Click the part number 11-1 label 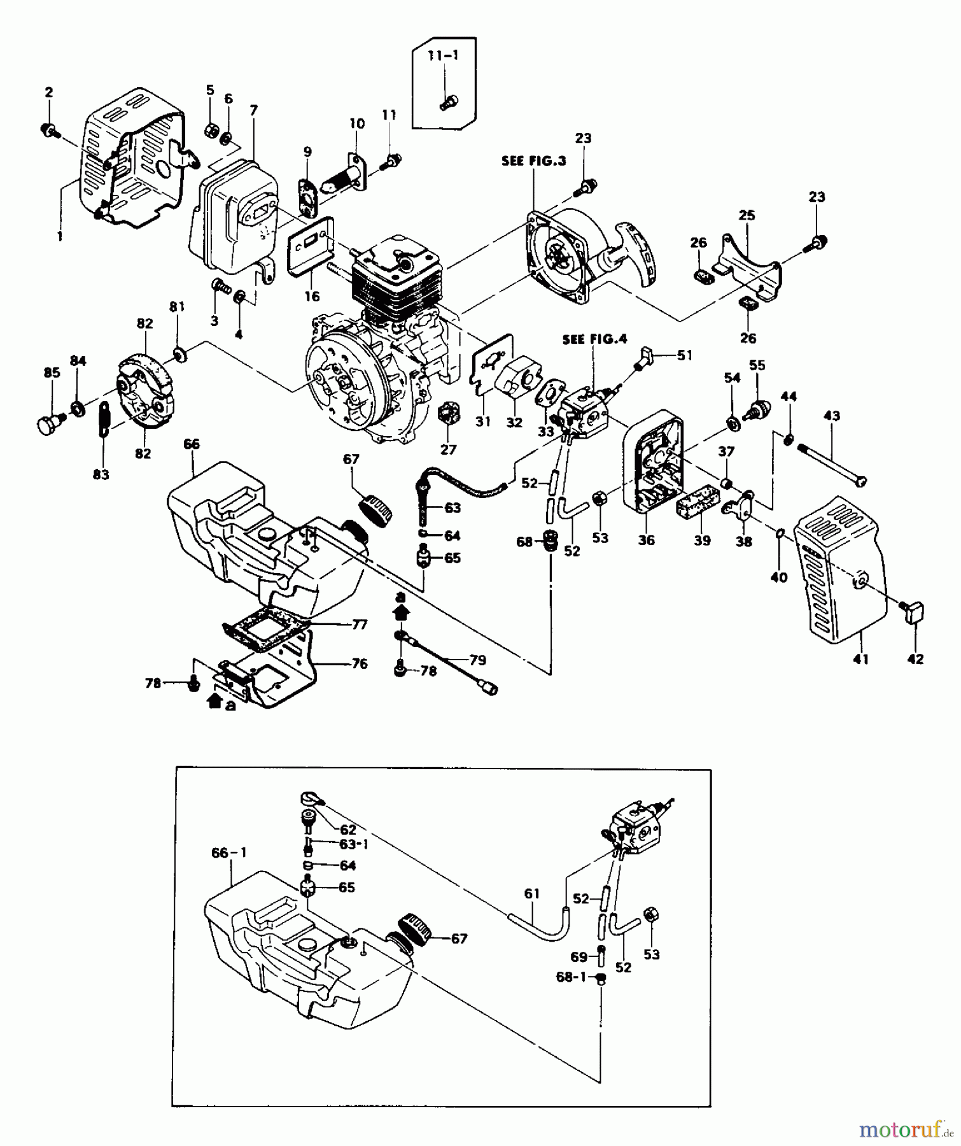click(x=443, y=56)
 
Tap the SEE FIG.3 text click(x=533, y=161)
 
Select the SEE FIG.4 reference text click(x=594, y=339)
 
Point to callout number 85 click(x=52, y=372)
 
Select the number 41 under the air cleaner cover click(x=860, y=660)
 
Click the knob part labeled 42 click(x=914, y=614)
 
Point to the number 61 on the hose click(x=532, y=894)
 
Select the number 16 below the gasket click(x=312, y=296)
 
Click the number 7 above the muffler click(x=254, y=111)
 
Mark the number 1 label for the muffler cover click(x=60, y=236)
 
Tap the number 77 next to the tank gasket click(x=360, y=625)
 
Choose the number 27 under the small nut click(x=449, y=449)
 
